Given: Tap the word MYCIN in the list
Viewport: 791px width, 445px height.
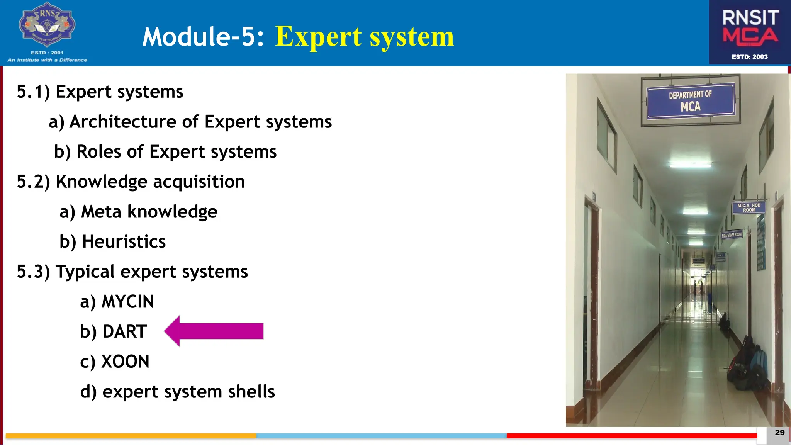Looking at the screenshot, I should (x=127, y=302).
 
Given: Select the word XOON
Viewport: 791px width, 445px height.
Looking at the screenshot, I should (x=125, y=362).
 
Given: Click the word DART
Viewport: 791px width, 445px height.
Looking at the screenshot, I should (x=124, y=332).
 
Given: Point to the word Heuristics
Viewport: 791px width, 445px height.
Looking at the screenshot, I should (x=124, y=242).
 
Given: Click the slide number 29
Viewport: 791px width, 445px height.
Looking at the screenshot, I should (x=779, y=433).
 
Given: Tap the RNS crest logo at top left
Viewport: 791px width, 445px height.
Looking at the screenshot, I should (x=47, y=25).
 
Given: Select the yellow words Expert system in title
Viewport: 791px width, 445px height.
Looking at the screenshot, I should (x=364, y=37).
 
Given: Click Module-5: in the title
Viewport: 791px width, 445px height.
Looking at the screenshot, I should (x=203, y=37).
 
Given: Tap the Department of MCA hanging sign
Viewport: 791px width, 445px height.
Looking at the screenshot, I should (x=690, y=101).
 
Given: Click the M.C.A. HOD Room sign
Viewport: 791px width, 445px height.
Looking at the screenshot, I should (x=749, y=208).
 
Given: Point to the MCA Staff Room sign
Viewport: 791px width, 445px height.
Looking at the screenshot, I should (x=732, y=235).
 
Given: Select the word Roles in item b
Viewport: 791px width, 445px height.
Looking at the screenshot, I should (x=99, y=152).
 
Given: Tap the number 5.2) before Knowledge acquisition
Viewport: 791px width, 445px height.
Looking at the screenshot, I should (x=33, y=182).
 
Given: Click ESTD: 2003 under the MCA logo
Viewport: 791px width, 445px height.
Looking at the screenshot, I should (x=750, y=57).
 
